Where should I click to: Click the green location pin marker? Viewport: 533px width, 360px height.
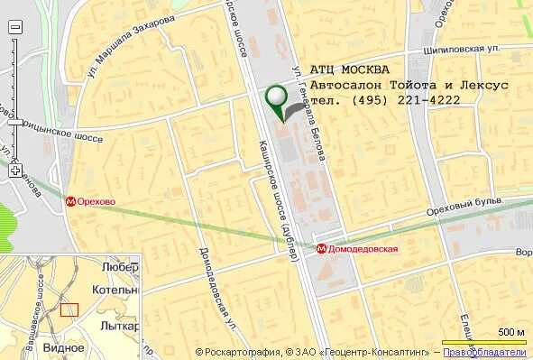click(275, 96)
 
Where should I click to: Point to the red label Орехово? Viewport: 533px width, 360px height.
click(96, 202)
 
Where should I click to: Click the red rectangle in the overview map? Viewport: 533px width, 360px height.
click(69, 309)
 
